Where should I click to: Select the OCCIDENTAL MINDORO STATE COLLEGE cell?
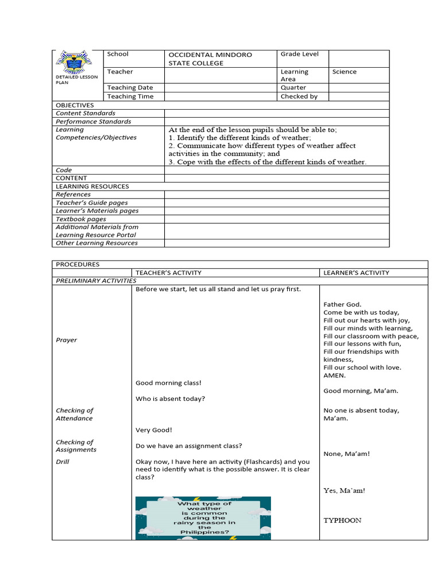click(210, 59)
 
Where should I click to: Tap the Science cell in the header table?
click(344, 72)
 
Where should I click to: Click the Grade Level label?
click(299, 54)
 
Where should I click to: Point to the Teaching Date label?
click(130, 87)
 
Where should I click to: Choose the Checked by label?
click(299, 96)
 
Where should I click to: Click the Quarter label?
click(293, 87)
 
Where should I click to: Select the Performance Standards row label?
click(93, 122)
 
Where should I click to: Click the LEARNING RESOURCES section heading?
click(92, 187)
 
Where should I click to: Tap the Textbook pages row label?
click(81, 219)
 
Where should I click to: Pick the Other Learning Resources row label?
click(96, 243)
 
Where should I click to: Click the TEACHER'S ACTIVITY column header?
click(168, 273)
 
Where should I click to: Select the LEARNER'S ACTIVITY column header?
click(356, 273)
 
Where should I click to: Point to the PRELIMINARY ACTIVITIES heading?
click(96, 281)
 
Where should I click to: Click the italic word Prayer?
click(66, 340)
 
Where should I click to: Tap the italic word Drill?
click(62, 462)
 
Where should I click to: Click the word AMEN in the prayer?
click(335, 376)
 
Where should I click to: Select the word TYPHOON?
click(342, 520)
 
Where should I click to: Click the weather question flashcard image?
click(203, 518)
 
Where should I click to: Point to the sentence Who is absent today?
click(170, 399)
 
